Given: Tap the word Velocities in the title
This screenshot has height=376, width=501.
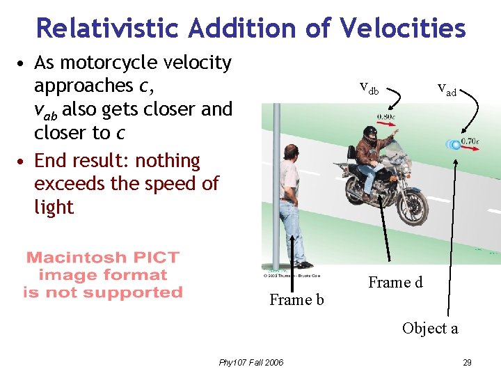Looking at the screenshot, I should (x=403, y=28).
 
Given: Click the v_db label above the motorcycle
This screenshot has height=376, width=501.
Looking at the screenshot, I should (x=369, y=88).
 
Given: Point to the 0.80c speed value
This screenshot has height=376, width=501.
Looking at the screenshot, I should (x=387, y=116).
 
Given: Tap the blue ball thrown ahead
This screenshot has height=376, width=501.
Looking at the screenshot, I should (x=455, y=145).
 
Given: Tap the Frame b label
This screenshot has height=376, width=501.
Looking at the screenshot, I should (x=296, y=300).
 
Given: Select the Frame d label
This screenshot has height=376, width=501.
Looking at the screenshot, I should (x=395, y=283).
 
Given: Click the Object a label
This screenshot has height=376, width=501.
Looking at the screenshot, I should (x=430, y=329).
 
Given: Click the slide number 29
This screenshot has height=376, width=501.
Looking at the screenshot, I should (x=467, y=362).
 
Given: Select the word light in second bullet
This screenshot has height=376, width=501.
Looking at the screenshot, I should (x=54, y=207).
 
